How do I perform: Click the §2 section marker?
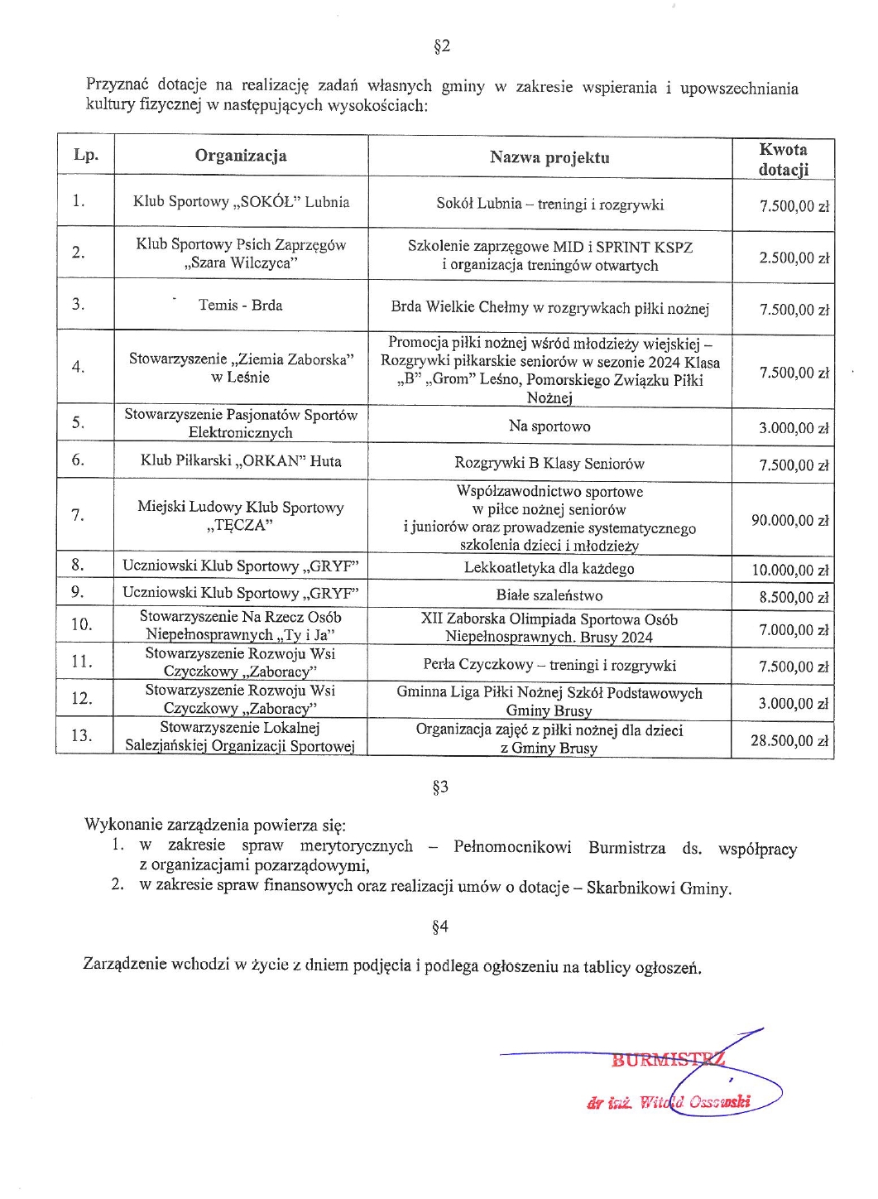click(442, 46)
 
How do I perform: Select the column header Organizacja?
click(241, 156)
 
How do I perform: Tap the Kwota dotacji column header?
click(783, 159)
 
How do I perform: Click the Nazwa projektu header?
click(549, 157)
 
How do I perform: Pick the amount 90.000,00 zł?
click(789, 520)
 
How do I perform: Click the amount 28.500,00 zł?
click(789, 740)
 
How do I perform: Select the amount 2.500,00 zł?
click(794, 258)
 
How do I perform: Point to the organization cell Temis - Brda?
click(240, 305)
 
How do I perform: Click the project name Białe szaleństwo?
click(549, 595)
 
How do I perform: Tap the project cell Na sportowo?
click(549, 426)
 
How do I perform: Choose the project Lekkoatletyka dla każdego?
click(549, 569)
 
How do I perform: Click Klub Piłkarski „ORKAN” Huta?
click(241, 460)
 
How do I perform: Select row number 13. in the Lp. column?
click(82, 735)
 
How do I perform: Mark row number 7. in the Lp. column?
click(78, 515)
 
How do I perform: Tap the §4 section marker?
click(440, 927)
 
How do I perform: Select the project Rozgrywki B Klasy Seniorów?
click(549, 464)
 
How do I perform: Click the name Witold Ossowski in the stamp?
click(695, 1102)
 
